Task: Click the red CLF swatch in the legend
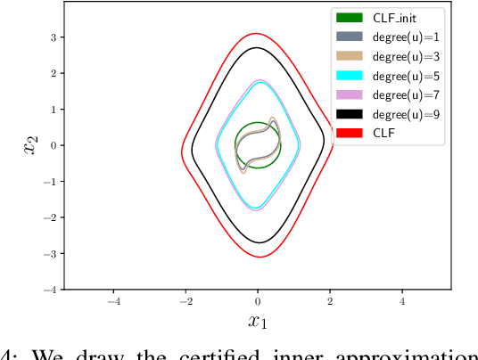[x=349, y=133]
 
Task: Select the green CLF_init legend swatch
[x=349, y=17]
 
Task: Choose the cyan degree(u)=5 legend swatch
[x=349, y=75]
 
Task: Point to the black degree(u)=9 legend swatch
[x=349, y=113]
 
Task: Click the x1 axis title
[x=258, y=322]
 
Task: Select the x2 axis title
[x=31, y=144]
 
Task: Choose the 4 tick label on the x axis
[x=402, y=301]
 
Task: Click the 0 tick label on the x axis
[x=258, y=301]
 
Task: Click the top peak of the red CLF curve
[x=258, y=34]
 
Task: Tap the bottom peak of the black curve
[x=258, y=242]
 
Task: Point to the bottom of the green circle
[x=258, y=168]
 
